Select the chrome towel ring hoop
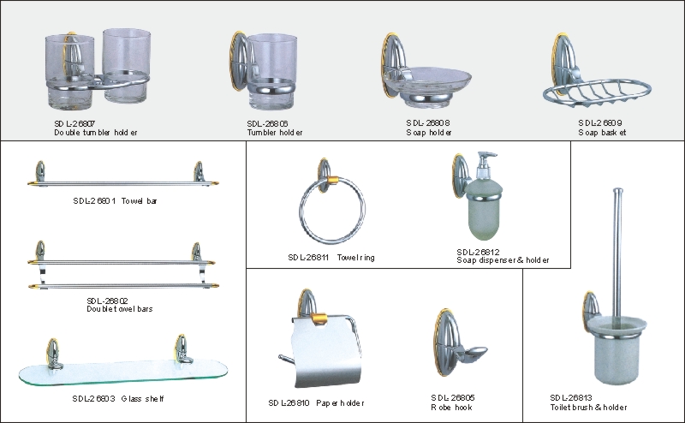(x=332, y=209)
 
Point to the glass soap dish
(x=427, y=82)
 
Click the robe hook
(x=459, y=343)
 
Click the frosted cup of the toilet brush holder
(x=616, y=350)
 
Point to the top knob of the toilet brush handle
(x=617, y=191)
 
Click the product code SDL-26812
(x=478, y=252)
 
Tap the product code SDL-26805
(x=453, y=397)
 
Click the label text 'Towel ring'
(x=355, y=258)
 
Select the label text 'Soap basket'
(x=602, y=133)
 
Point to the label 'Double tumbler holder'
(x=96, y=133)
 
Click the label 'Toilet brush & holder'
(x=588, y=408)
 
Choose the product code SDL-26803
(x=93, y=398)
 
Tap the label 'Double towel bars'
(x=120, y=309)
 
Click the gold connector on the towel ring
(x=332, y=181)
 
